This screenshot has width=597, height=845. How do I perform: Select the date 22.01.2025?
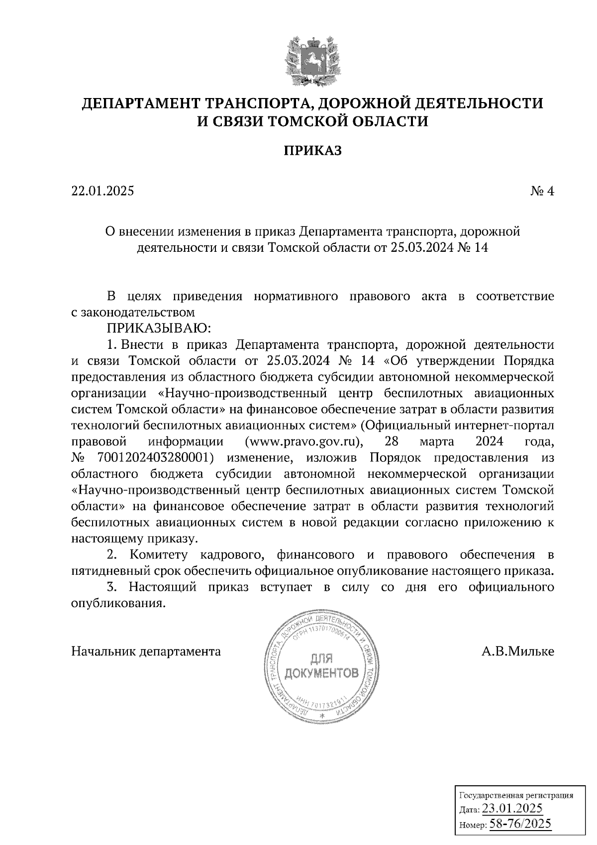click(x=103, y=191)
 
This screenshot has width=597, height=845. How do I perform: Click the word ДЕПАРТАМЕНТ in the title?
click(x=140, y=104)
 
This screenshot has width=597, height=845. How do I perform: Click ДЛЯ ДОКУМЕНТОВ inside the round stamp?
click(x=321, y=668)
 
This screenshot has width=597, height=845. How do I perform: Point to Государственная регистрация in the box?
click(x=515, y=795)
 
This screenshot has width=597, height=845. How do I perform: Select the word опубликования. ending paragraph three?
click(x=118, y=603)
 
